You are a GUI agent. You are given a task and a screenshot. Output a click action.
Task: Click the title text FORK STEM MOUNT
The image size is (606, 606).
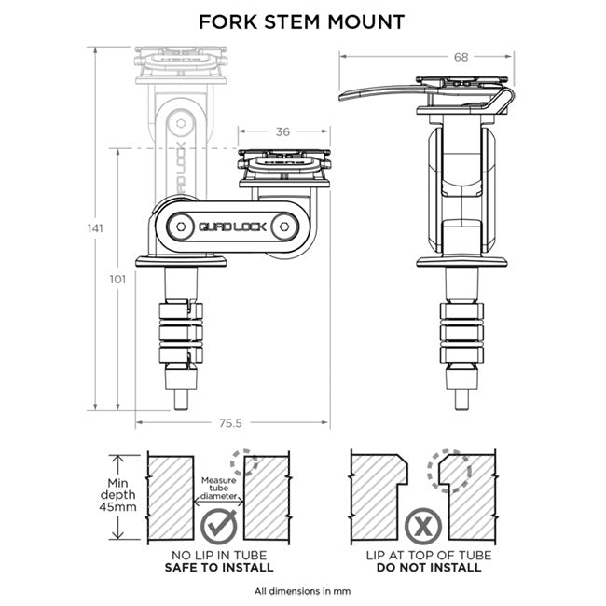click(302, 21)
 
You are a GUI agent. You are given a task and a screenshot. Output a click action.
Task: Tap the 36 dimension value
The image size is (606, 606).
click(282, 131)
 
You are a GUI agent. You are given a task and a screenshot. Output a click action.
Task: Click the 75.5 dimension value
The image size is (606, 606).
click(229, 424)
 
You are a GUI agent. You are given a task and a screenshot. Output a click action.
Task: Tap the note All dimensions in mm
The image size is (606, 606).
click(302, 591)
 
